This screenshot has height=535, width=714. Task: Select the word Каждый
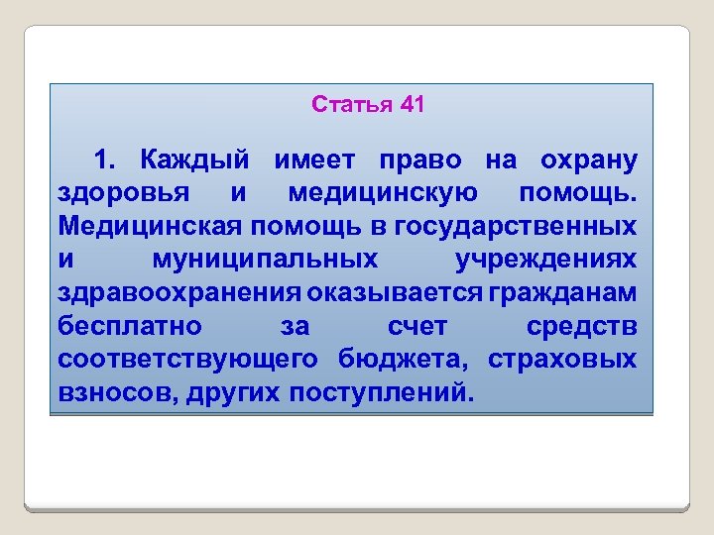coord(194,160)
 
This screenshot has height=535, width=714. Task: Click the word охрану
coord(588,160)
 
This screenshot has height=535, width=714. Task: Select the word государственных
coord(516,226)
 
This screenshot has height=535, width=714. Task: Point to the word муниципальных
coord(266,260)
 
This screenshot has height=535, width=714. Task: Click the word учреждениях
coord(545,260)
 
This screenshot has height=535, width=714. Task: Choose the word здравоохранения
coord(179,292)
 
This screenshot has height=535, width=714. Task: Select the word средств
coord(581,326)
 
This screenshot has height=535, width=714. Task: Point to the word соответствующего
coord(187,359)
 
